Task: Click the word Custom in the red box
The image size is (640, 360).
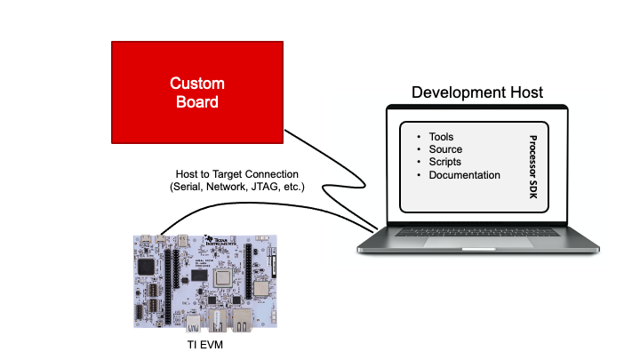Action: click(197, 84)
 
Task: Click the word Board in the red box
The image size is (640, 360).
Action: click(197, 102)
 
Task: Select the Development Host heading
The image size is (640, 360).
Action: click(476, 92)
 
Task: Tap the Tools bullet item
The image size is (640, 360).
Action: click(441, 137)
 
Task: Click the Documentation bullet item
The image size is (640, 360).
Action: click(464, 175)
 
